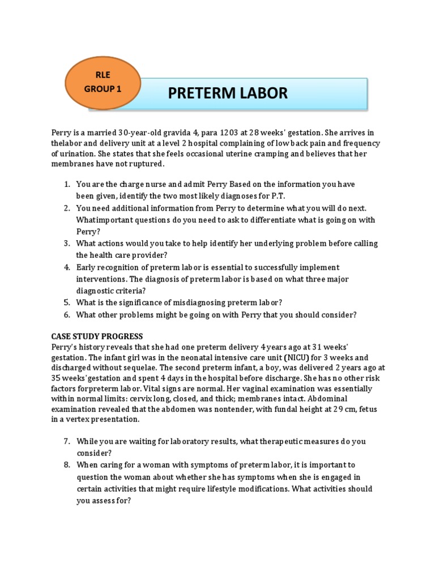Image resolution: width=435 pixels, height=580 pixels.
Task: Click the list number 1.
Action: pos(66,184)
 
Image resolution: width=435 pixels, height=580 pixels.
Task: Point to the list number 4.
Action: pos(66,267)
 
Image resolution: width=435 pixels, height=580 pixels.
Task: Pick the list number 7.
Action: pos(66,441)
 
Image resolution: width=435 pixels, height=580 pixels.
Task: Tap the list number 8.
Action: pos(66,465)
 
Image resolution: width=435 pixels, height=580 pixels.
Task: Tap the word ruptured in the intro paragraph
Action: pos(144,164)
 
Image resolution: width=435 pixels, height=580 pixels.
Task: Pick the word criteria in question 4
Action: pos(123,291)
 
